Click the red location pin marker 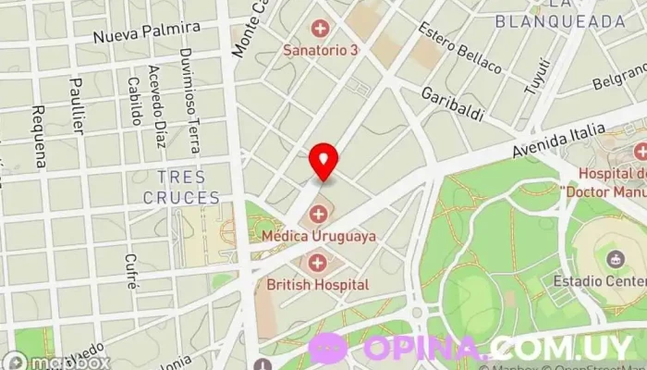323,161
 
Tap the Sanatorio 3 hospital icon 321,29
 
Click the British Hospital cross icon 319,264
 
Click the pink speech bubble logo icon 327,349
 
